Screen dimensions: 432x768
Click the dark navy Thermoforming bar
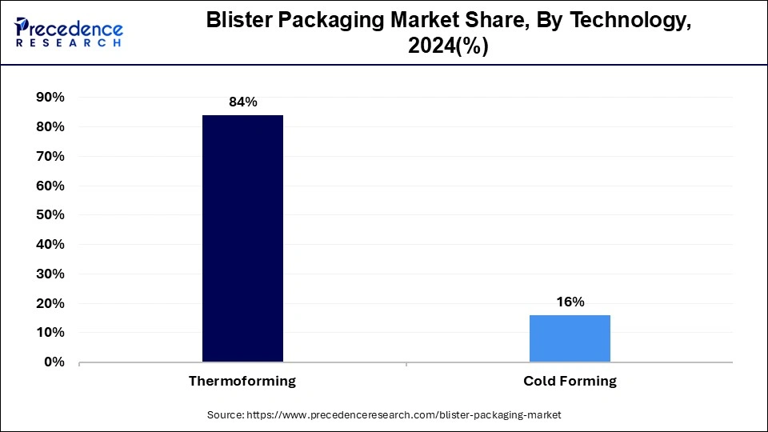[242, 238]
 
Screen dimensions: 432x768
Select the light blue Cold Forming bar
[570, 338]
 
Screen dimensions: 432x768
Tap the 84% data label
[242, 102]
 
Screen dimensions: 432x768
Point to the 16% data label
[570, 302]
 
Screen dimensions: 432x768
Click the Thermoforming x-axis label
[242, 382]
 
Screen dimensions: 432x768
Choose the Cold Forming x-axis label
[570, 382]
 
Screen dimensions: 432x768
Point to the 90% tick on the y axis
[50, 98]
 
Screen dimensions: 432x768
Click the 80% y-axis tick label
[50, 127]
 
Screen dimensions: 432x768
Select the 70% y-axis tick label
[50, 157]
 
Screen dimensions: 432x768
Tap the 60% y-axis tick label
[50, 186]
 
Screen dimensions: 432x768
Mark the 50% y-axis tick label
[50, 215]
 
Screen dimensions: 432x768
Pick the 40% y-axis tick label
[50, 245]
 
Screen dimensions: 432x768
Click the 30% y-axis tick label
[50, 274]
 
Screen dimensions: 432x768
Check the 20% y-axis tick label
[50, 304]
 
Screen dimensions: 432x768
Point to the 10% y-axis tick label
[50, 333]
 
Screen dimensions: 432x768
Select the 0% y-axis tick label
[54, 362]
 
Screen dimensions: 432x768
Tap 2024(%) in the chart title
[448, 47]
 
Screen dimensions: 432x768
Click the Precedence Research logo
[68, 32]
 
